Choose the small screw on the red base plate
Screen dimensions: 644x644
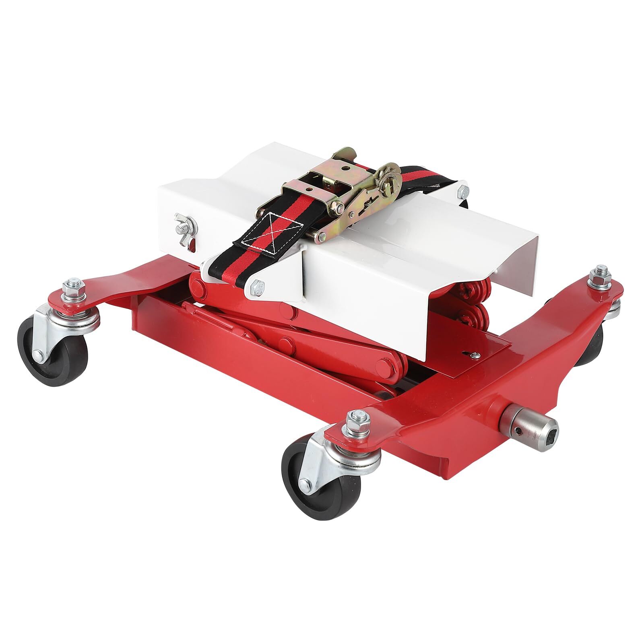tap(476, 353)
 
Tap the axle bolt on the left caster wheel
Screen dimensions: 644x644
tap(38, 354)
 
